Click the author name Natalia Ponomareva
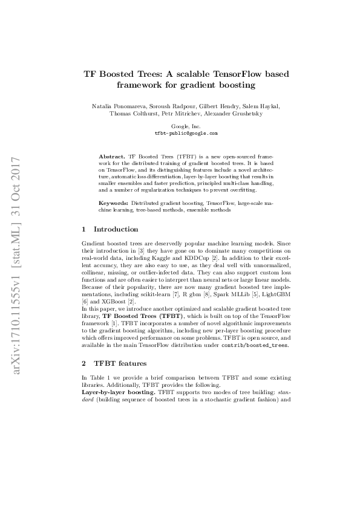[115, 106]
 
